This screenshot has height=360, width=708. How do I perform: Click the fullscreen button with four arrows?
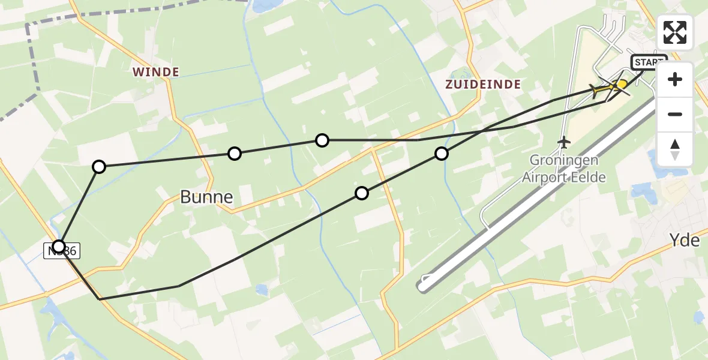[x=675, y=32]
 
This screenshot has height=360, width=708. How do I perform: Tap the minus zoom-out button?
[x=675, y=114]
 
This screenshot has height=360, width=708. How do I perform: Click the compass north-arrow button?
[x=675, y=149]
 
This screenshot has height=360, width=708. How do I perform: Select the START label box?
[x=649, y=62]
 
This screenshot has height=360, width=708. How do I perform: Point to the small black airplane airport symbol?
[x=563, y=142]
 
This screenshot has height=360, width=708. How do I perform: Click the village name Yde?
[x=685, y=241]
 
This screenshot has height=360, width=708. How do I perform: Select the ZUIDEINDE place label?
[x=482, y=85]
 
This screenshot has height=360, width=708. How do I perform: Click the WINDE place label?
[x=156, y=72]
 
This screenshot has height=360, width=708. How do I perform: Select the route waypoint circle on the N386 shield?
[x=59, y=246]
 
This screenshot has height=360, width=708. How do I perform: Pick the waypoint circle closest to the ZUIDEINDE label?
[x=442, y=154]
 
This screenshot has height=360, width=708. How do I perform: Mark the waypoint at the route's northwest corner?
[x=99, y=166]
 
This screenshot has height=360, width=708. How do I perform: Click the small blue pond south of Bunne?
[x=261, y=290]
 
